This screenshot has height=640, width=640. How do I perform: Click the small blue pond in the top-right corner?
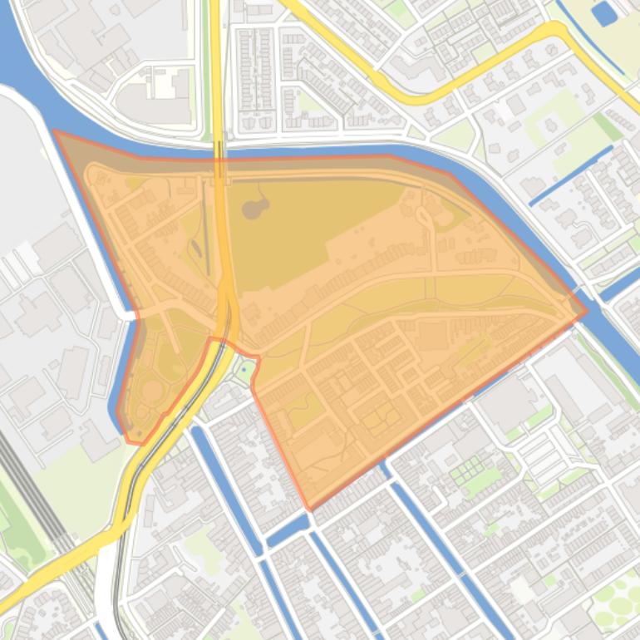pos(603,12)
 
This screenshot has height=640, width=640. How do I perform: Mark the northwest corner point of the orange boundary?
pos(55,131)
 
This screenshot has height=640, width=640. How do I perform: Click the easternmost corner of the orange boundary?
pos(586,313)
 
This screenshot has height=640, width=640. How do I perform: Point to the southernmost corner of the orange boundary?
pos(309,508)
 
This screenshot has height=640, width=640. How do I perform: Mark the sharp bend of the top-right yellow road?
pos(557,29)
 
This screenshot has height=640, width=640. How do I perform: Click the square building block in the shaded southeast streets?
pos(433,336)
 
